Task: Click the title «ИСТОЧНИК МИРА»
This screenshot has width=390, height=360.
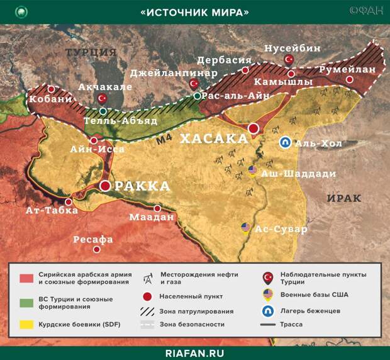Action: (x=195, y=12)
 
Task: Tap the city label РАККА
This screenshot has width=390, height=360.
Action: (x=142, y=186)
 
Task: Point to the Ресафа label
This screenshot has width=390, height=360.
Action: (x=93, y=239)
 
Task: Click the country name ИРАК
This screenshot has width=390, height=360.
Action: (x=344, y=198)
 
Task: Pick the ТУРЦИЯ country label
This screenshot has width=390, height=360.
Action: (x=91, y=52)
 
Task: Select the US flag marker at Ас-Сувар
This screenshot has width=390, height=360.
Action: (x=247, y=228)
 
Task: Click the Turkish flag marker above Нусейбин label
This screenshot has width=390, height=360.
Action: (x=289, y=59)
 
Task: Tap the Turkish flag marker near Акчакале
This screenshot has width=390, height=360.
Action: (x=102, y=98)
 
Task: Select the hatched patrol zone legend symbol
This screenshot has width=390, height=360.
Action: (x=150, y=310)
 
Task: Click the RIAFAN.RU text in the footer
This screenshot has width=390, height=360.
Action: (x=195, y=351)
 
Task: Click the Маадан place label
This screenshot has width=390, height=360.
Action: (x=151, y=217)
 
